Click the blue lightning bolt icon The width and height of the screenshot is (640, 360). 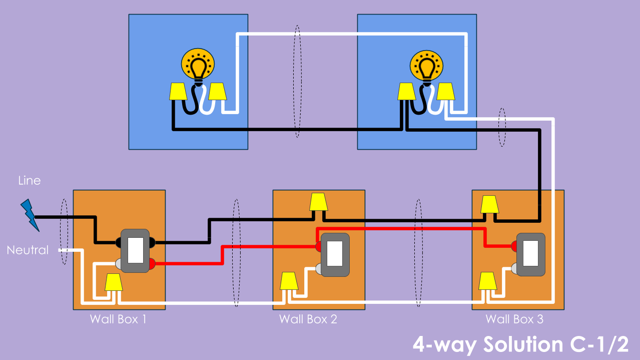point(30,215)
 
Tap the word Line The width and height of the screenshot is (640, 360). point(30,180)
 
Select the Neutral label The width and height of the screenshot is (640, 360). point(28,250)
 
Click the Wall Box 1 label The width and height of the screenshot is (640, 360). point(118,319)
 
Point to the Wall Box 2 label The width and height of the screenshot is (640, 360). point(308,319)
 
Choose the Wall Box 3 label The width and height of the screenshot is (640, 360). point(514,319)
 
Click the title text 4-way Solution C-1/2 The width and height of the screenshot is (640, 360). point(520,344)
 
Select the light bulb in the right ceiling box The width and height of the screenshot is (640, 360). point(426,67)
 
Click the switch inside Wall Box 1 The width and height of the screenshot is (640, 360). point(135,251)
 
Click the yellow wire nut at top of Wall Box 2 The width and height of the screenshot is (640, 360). point(319,202)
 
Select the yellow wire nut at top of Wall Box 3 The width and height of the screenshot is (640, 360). point(490,204)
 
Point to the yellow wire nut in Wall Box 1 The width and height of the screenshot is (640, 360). point(114,282)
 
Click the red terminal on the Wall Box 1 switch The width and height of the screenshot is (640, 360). point(152,264)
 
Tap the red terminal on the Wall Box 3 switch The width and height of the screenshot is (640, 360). point(514,246)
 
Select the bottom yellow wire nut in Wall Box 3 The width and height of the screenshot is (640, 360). point(488,281)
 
